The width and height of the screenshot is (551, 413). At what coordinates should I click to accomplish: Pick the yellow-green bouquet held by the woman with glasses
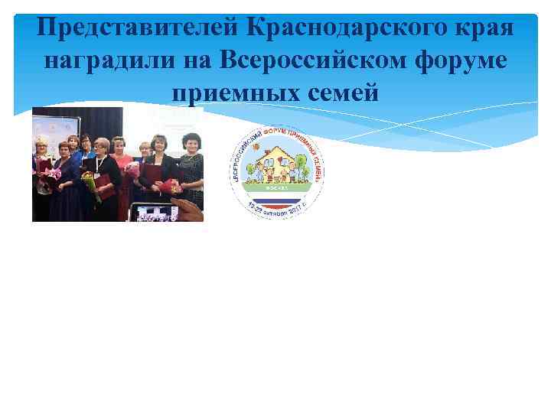pyautogui.click(x=90, y=184)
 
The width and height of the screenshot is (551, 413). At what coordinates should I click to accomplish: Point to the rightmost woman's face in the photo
pyautogui.click(x=191, y=142)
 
